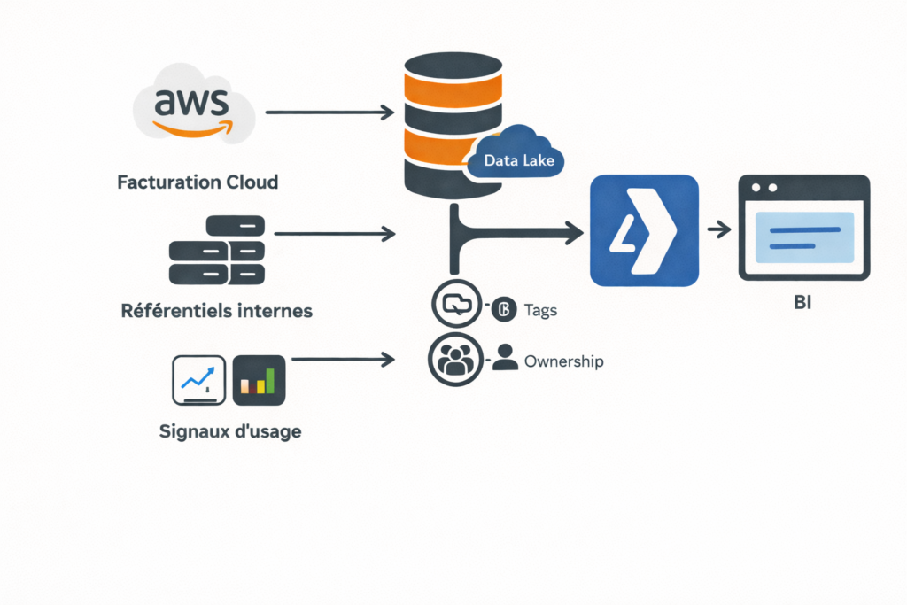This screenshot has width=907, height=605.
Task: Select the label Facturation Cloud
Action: [198, 182]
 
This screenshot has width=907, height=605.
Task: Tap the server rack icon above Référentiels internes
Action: [216, 250]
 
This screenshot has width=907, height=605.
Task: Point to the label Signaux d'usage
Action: [230, 432]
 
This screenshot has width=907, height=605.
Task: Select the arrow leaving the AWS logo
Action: [329, 112]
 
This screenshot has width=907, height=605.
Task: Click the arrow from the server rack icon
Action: [335, 234]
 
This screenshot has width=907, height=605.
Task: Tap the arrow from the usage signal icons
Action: [342, 360]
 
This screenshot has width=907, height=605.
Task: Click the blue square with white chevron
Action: [644, 230]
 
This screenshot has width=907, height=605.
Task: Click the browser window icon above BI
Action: [804, 228]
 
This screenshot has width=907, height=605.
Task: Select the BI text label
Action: [803, 304]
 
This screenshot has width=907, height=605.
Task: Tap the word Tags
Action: [540, 310]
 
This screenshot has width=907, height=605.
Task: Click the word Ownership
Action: [564, 361]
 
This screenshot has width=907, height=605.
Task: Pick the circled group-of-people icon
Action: [455, 358]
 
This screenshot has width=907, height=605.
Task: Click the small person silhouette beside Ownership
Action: [505, 357]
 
